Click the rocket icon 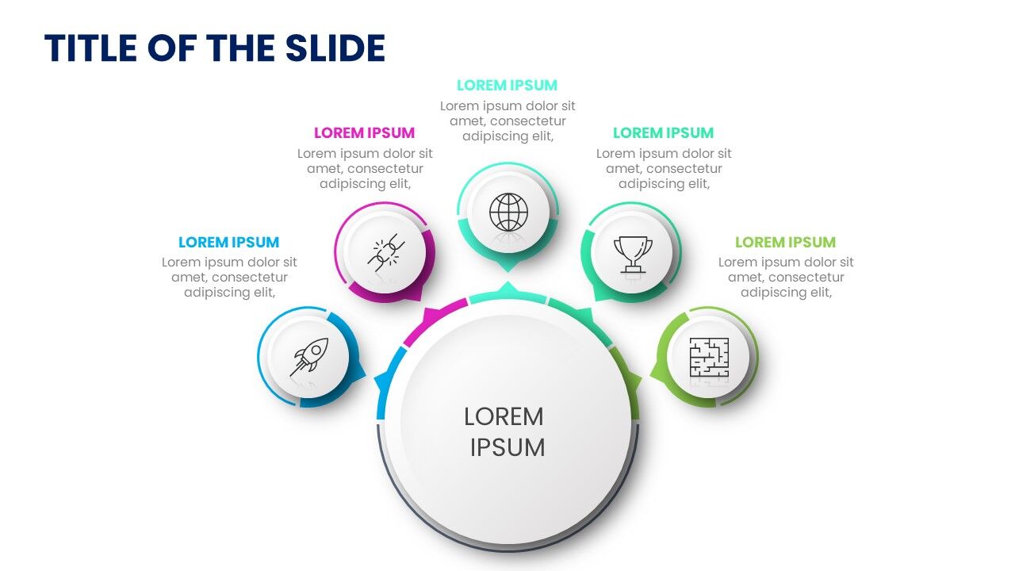[308, 358]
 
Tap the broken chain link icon [387, 252]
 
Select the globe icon [508, 212]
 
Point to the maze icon [708, 357]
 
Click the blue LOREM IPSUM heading [228, 243]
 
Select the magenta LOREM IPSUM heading [364, 133]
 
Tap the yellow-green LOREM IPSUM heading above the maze [785, 243]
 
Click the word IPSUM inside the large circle [507, 447]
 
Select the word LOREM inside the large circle [504, 416]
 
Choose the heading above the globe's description [507, 86]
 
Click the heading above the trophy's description [663, 133]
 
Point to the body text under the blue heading [229, 277]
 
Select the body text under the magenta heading [365, 168]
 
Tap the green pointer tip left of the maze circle [654, 370]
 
